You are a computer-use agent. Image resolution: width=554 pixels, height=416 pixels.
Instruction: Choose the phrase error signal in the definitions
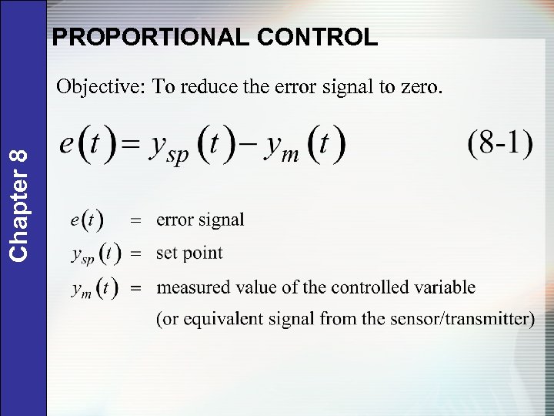tap(200, 220)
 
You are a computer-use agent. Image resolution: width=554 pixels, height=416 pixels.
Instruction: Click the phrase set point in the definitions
tap(189, 253)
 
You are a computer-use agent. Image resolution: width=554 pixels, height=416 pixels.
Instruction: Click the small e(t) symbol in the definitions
tap(87, 220)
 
